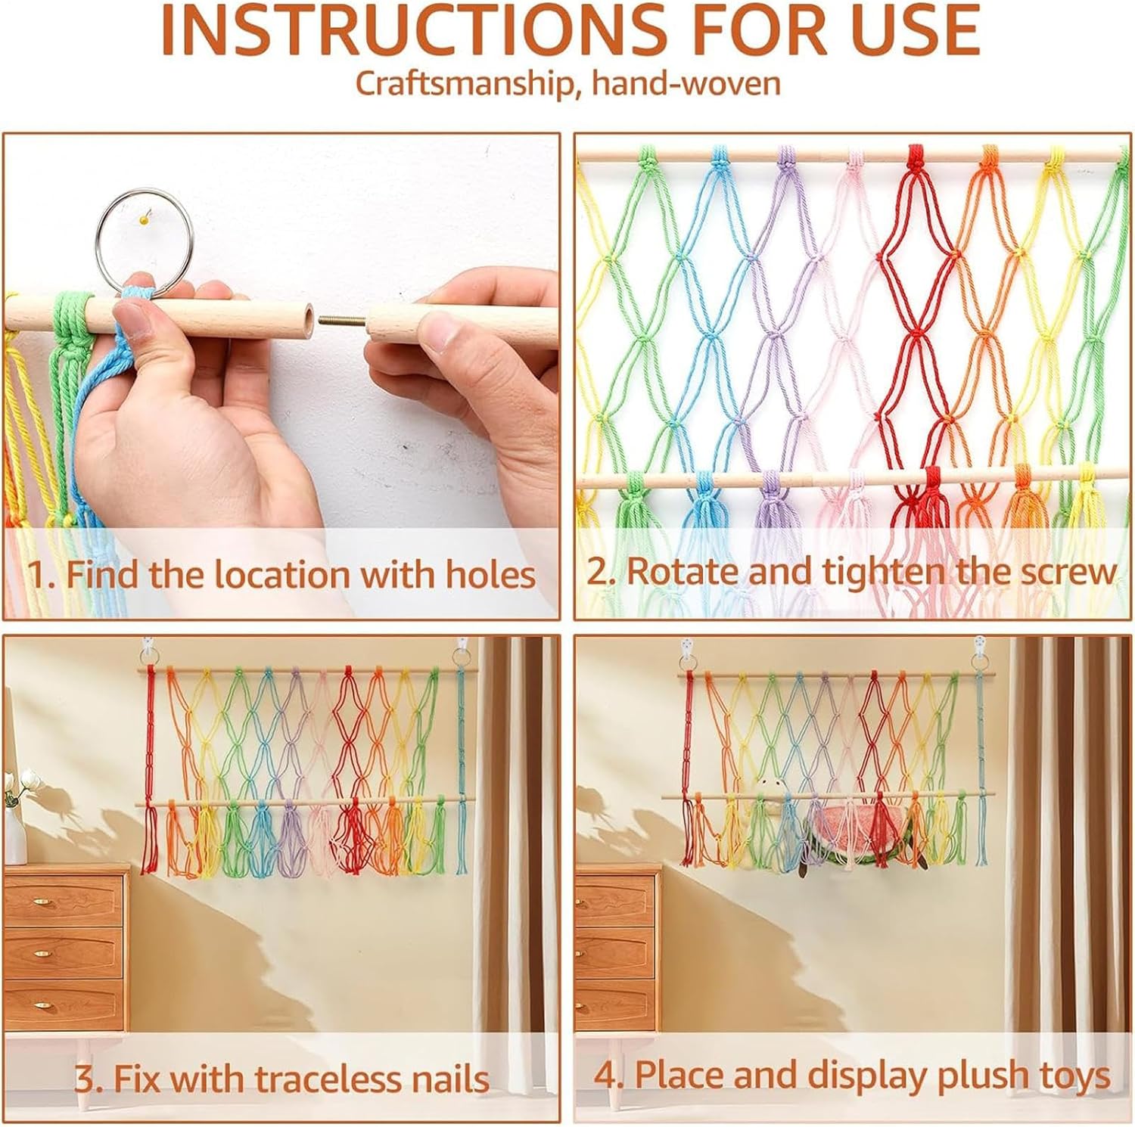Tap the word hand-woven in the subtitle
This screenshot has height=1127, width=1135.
[x=686, y=83]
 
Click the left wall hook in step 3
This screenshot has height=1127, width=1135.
[x=148, y=650]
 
